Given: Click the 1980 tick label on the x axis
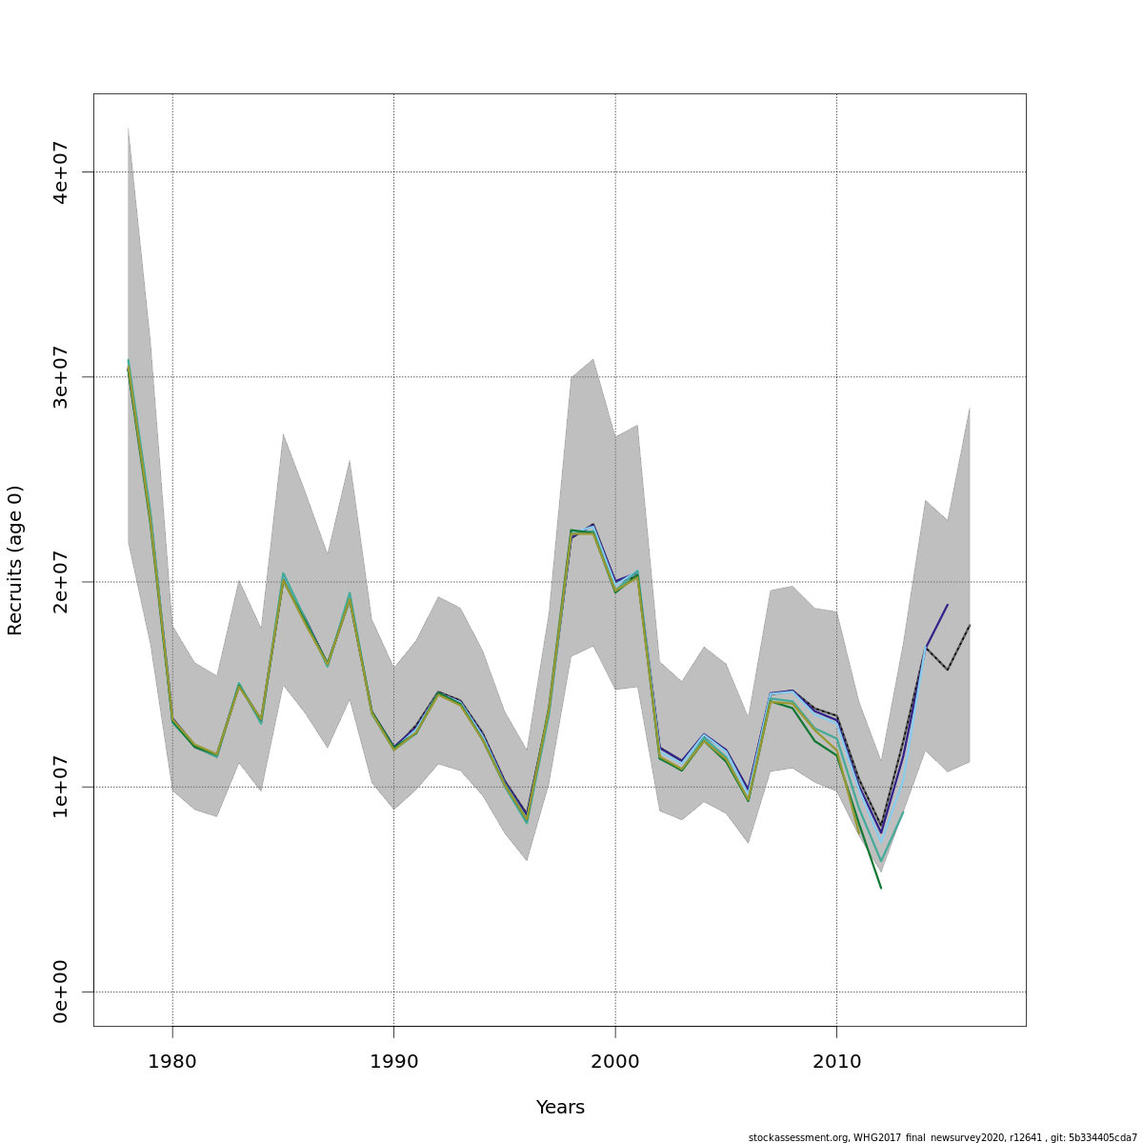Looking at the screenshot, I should tap(172, 1061).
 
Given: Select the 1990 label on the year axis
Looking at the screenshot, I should tap(393, 1061).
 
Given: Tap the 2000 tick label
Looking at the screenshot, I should tap(615, 1061).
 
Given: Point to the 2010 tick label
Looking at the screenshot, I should tap(836, 1061).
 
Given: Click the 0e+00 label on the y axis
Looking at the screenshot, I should tap(61, 992).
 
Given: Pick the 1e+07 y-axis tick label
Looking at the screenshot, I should tap(61, 787).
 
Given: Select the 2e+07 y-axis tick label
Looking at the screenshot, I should tap(61, 582).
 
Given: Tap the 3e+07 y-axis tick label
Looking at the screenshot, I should tap(61, 377).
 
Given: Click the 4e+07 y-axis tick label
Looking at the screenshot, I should tap(61, 172).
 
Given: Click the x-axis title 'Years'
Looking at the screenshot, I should tap(560, 1108).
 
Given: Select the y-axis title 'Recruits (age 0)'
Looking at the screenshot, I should tap(15, 560).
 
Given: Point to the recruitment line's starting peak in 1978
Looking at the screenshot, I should tap(128, 363).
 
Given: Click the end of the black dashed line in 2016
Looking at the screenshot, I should tap(970, 625).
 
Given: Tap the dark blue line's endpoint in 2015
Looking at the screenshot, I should tap(948, 604).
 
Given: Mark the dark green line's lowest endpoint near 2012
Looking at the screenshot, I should tap(881, 888).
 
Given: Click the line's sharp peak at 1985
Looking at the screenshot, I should tap(283, 575).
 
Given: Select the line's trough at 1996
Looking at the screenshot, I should tap(527, 819).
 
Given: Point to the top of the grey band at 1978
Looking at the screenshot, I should tap(128, 128).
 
